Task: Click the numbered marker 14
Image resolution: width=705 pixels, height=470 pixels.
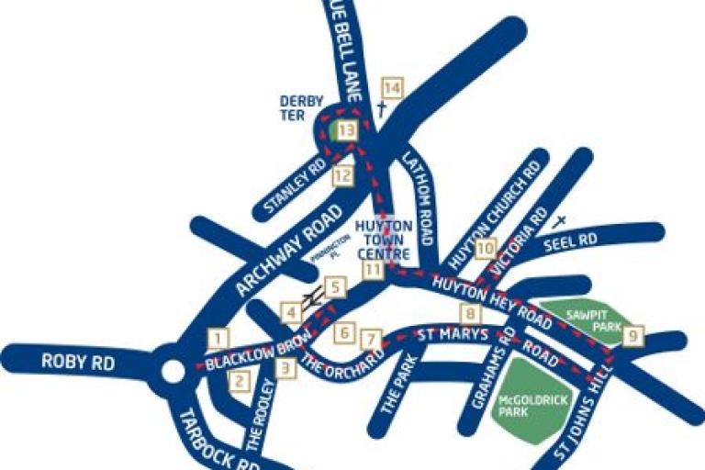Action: pos(392,88)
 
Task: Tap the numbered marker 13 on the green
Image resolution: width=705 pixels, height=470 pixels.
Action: pos(345,131)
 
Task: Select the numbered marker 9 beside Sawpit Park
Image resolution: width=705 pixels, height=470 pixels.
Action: pos(632,337)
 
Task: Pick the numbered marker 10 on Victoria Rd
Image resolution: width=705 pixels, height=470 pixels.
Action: pos(486,248)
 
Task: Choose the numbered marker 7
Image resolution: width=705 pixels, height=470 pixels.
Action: pos(370,339)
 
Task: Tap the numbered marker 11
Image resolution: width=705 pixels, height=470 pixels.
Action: pos(372,270)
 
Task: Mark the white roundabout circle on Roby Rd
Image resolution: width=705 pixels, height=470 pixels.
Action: pos(173,371)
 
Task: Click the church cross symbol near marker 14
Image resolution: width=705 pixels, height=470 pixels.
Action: pos(381,109)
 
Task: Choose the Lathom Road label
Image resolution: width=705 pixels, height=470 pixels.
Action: pos(418,197)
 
